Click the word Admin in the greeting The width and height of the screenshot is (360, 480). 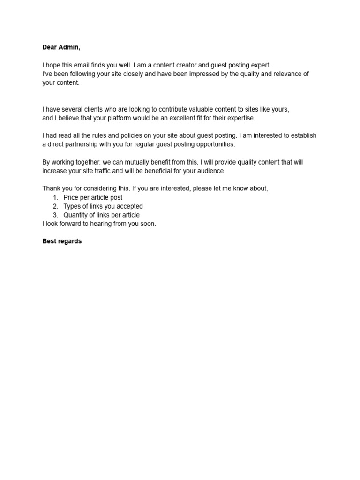[70, 47]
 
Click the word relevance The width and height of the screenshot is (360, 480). [287, 74]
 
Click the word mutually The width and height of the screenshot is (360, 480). [128, 162]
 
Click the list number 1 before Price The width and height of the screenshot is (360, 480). [55, 197]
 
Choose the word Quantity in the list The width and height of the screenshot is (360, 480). [76, 215]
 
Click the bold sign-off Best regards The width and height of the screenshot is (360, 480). [62, 241]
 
